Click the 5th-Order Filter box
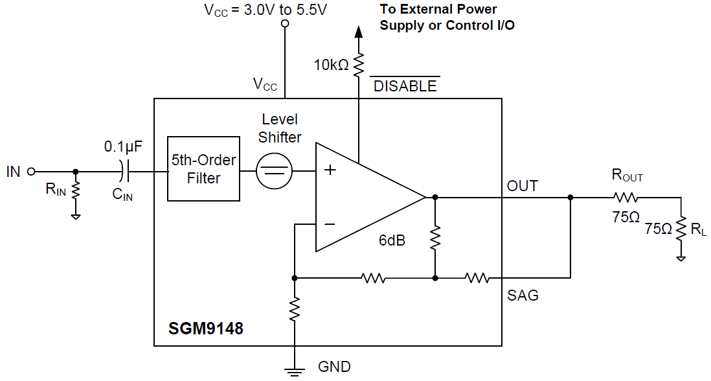(x=203, y=169)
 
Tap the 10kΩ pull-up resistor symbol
(x=357, y=64)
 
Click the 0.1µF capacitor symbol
(x=124, y=172)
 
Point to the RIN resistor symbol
(x=76, y=190)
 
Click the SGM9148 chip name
(x=206, y=329)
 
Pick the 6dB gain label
(x=392, y=240)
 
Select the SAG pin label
(x=523, y=295)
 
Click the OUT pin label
(x=522, y=186)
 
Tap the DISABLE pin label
(x=405, y=86)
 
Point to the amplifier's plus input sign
(x=330, y=170)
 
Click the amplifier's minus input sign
(x=330, y=224)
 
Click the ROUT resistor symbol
(x=626, y=197)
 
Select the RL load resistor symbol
(x=681, y=228)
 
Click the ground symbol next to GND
(x=295, y=371)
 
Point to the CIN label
(x=122, y=194)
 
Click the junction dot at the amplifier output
(x=435, y=197)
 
